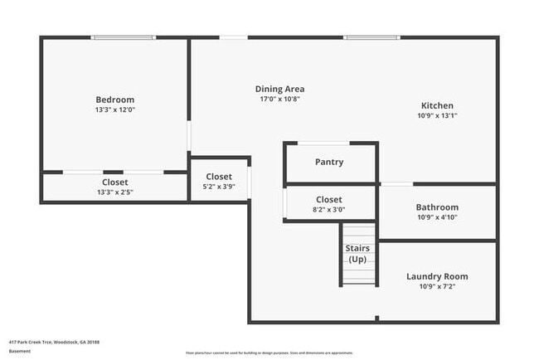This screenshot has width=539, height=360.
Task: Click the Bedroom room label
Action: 114,100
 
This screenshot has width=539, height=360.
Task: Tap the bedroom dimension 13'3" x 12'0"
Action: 114,109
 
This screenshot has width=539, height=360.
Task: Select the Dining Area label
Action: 279,89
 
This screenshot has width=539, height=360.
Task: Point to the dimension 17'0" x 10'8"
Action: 279,99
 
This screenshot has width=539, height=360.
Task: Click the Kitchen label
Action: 437,105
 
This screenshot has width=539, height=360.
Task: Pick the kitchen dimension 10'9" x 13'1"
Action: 437,115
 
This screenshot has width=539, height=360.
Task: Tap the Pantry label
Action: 329,162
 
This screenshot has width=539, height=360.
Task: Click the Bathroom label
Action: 437,207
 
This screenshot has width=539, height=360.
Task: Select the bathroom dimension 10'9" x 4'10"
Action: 437,217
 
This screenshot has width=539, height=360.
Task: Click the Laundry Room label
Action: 437,276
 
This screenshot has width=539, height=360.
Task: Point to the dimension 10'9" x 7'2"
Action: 437,286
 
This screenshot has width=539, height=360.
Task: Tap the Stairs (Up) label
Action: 357,254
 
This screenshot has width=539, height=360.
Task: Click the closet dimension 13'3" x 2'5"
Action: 114,192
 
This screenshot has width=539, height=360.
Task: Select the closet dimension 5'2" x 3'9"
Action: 219,187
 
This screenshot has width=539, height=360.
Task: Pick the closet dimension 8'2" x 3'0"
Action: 329,210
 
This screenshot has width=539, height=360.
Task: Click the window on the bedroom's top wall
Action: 122,37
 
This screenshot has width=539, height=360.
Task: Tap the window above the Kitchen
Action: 370,37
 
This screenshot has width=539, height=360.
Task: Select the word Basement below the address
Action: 20,351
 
